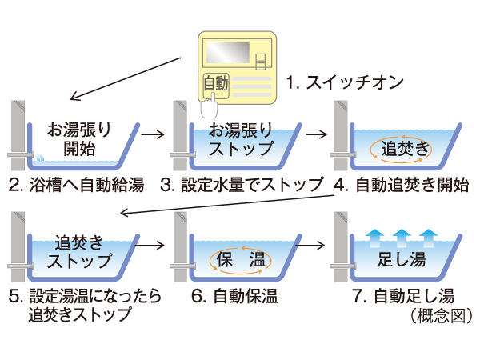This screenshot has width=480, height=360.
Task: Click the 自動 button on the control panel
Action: click(216, 82)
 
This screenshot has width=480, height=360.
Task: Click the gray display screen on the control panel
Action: click(226, 53)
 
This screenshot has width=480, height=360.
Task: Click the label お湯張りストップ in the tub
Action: click(241, 137)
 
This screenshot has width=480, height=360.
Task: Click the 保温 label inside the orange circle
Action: click(241, 260)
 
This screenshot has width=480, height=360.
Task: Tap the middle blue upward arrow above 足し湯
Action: click(402, 236)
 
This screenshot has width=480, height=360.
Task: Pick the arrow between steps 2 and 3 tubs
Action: click(151, 134)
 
